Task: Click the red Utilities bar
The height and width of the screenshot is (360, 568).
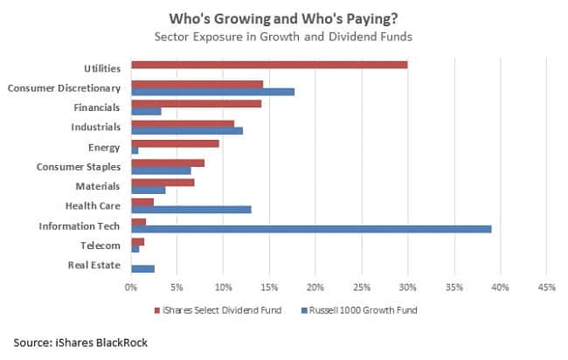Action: [269, 65]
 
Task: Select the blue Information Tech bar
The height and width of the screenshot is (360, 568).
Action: [311, 229]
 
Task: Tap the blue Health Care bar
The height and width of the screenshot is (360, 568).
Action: [191, 209]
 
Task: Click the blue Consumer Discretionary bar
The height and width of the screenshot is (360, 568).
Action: [212, 91]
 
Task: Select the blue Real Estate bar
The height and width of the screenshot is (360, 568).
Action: [142, 268]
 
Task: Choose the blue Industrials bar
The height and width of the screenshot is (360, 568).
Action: [186, 130]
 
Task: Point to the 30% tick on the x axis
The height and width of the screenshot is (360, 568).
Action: [408, 286]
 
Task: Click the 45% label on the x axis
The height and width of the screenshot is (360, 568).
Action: [546, 286]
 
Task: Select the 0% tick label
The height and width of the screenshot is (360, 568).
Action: [131, 286]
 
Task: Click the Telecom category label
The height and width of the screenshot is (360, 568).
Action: [101, 246]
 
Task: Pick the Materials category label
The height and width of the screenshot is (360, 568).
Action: [97, 186]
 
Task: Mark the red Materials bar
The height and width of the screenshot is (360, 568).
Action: [163, 183]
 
